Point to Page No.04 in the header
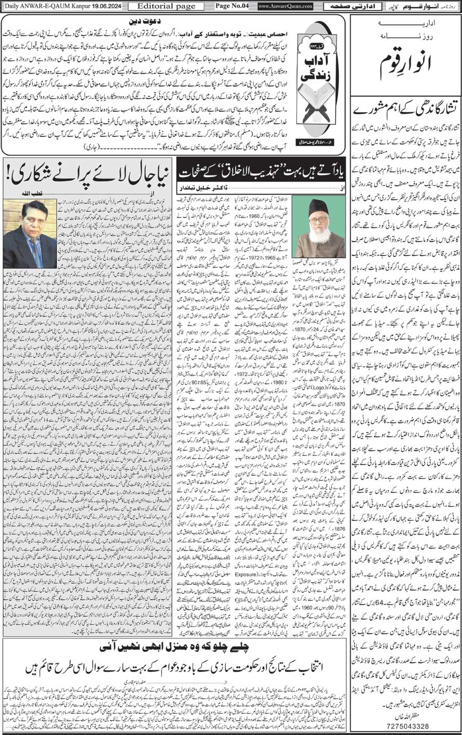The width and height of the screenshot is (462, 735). point(231,6)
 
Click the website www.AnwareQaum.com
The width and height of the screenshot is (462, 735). point(285,6)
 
